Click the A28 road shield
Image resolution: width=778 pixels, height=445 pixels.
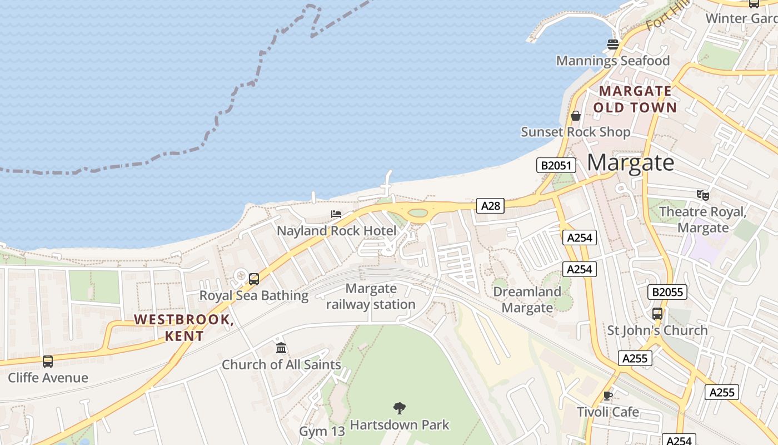coord(491,206)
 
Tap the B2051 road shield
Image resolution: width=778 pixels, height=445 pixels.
coord(556,165)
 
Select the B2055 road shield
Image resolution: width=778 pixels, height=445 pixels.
coord(667,292)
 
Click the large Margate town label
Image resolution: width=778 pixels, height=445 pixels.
coord(631,162)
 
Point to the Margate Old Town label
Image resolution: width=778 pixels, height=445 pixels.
coord(635,99)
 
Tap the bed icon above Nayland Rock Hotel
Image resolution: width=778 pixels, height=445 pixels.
coord(336,214)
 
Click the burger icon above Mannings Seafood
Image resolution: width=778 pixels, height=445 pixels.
coord(613,44)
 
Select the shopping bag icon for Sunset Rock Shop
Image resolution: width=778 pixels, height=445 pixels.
coord(576,116)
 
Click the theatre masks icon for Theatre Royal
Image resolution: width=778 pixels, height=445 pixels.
coord(703,195)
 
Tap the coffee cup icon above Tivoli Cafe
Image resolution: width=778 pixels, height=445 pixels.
coord(608,395)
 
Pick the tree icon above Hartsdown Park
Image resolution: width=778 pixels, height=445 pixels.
coord(399,408)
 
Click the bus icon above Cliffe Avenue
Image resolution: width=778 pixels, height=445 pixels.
coord(48,361)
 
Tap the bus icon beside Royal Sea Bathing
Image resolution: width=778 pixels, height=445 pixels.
coord(254,279)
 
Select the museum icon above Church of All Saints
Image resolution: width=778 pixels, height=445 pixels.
coord(281,348)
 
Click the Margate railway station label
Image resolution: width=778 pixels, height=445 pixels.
coord(371,296)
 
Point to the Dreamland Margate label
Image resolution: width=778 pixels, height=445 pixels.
coord(527,299)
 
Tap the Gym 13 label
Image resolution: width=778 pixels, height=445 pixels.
coord(322,431)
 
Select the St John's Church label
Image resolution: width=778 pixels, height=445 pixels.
coord(657,330)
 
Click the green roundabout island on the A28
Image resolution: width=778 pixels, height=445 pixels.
coord(418,212)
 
